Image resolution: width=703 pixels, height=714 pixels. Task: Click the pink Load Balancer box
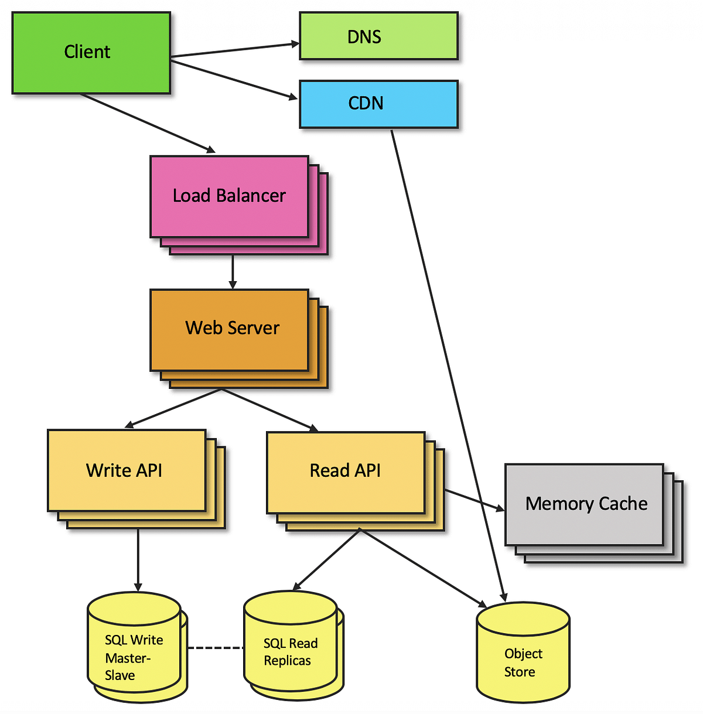229,196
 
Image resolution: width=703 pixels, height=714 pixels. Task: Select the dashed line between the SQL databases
215,648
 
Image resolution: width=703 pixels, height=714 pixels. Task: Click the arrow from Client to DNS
234,50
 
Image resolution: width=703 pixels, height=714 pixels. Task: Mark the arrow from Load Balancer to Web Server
233,271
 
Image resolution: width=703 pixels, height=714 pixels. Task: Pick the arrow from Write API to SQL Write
138,559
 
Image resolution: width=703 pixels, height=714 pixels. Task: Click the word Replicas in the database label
287,661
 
